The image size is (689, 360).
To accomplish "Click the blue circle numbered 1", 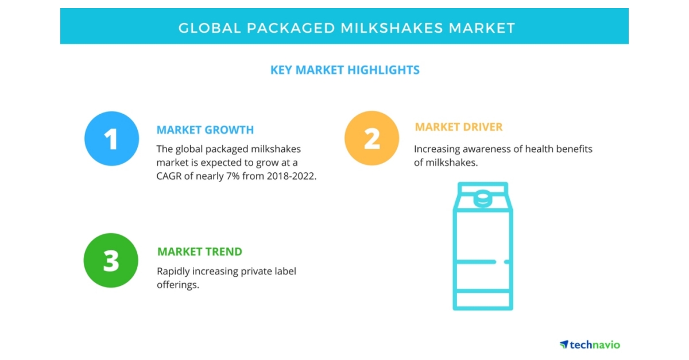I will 111,138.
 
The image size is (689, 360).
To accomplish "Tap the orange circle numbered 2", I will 371,138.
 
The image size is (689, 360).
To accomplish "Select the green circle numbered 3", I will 111,260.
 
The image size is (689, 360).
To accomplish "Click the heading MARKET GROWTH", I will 205,130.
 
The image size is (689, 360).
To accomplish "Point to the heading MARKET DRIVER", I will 459,127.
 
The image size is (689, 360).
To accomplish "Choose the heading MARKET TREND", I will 199,251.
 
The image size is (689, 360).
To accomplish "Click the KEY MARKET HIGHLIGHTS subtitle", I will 344,70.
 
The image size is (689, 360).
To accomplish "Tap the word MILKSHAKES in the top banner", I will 385,28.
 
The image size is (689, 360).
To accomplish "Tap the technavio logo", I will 590,344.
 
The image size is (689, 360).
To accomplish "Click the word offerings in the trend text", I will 177,285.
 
